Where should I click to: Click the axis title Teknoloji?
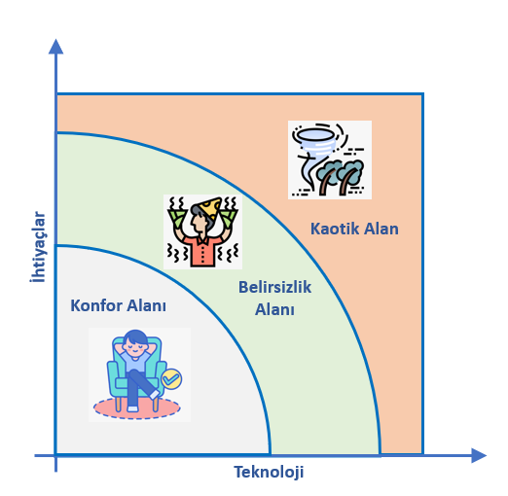tap(269, 472)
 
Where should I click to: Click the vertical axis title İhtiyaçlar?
tap(38, 247)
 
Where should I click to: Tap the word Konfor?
tap(96, 305)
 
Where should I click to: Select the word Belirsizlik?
tap(275, 287)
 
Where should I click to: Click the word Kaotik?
tap(335, 229)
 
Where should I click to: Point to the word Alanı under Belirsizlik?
tap(274, 309)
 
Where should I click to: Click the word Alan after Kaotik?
tap(381, 229)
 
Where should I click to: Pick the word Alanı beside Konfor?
tap(146, 305)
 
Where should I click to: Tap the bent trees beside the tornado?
tap(340, 176)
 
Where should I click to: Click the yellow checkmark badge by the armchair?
tap(171, 378)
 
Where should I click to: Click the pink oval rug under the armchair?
tap(137, 408)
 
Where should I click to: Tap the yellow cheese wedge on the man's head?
tap(210, 207)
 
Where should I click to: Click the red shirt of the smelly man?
tap(202, 251)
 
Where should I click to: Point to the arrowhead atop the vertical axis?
tap(55, 47)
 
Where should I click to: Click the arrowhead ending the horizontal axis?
tap(479, 455)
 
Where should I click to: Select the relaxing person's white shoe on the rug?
tap(132, 408)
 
